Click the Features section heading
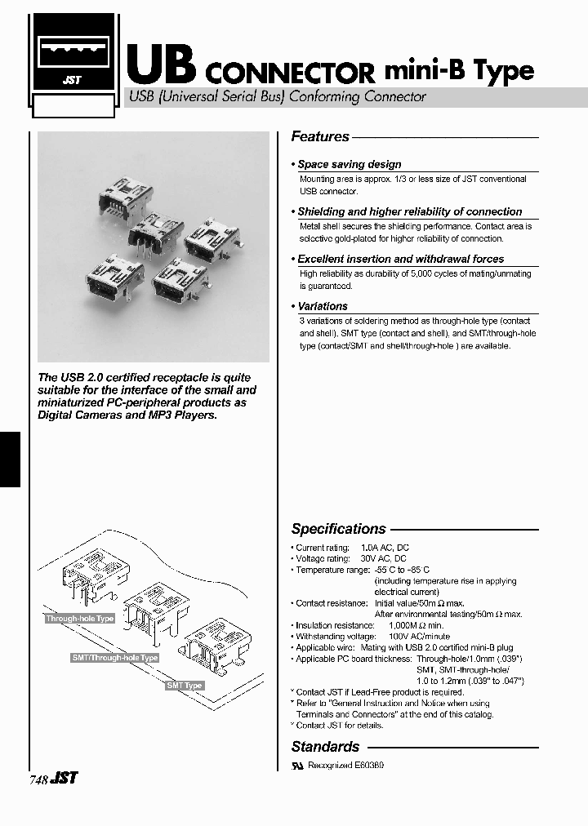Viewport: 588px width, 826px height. pos(320,137)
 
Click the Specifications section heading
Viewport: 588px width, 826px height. pos(338,529)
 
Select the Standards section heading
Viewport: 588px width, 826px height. pos(325,747)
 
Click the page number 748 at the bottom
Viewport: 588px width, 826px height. pos(38,779)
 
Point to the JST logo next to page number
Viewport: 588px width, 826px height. pos(65,779)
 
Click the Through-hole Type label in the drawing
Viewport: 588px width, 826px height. pos(80,619)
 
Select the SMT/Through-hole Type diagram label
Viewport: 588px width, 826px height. pos(114,657)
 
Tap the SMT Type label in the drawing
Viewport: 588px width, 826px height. pos(184,686)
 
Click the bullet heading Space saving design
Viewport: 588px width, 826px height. pos(349,164)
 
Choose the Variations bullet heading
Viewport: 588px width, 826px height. pos(322,306)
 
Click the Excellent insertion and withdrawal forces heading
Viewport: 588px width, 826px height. pos(400,259)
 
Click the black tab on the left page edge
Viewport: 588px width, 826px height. pos(10,448)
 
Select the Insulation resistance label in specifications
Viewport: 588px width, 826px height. pos(323,625)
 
